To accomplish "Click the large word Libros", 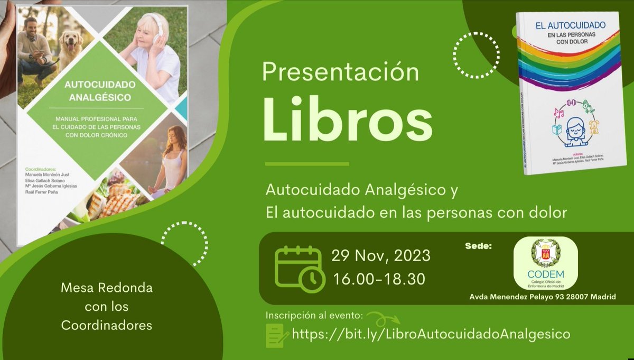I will (347, 124).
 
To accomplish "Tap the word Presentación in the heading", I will (341, 72).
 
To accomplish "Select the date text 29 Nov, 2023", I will (381, 256).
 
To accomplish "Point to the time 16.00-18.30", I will (378, 279).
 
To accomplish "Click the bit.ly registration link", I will (431, 334).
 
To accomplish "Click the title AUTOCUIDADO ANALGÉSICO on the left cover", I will (101, 91).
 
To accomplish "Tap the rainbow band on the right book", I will (568, 63).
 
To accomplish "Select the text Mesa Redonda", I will (107, 289).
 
